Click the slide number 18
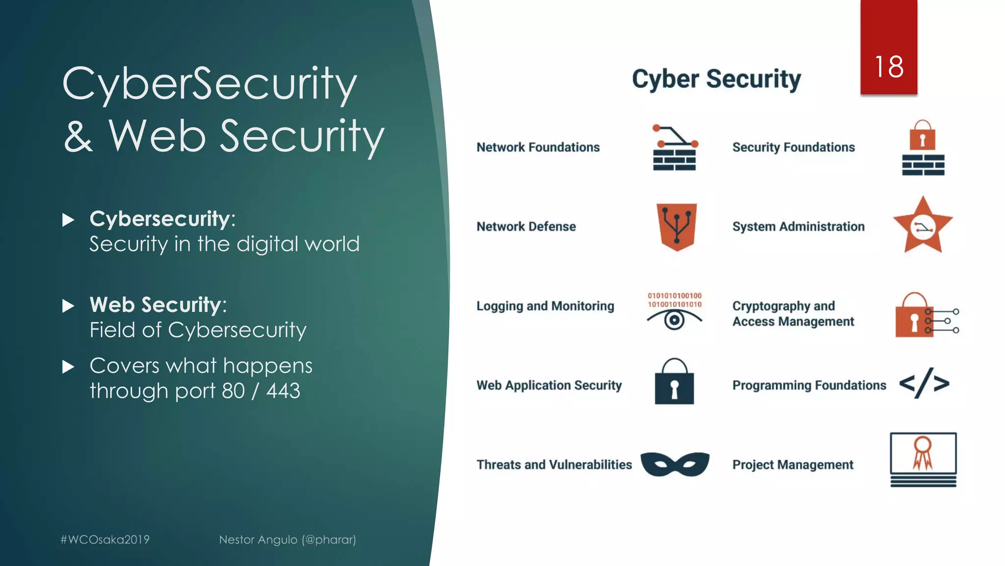click(889, 67)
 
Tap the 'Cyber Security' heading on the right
click(716, 79)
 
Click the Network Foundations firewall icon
click(675, 148)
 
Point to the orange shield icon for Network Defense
click(676, 226)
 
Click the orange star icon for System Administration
click(923, 226)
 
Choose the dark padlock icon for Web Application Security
click(674, 382)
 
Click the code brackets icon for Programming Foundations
click(924, 383)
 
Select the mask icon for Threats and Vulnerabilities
click(675, 464)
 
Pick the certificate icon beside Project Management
click(923, 459)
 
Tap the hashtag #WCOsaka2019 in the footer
click(105, 539)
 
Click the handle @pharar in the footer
click(329, 539)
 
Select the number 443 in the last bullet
click(283, 391)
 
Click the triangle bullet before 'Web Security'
click(68, 306)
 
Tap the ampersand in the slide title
click(78, 137)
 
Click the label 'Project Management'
click(793, 465)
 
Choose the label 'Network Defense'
click(526, 226)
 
